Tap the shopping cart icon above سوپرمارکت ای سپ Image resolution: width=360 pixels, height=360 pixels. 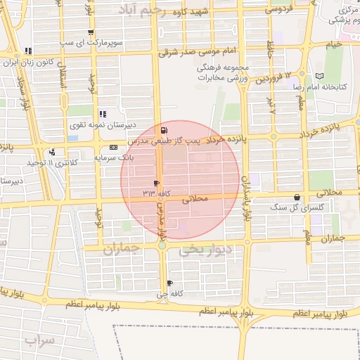90,32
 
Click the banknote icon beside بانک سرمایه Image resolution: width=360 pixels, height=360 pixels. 113,147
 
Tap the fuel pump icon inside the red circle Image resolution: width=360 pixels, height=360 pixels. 165,131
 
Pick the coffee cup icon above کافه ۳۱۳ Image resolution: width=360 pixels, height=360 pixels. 156,183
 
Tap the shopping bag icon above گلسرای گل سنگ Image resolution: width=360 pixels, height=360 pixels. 297,198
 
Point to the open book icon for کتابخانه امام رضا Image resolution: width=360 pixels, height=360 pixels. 321,75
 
